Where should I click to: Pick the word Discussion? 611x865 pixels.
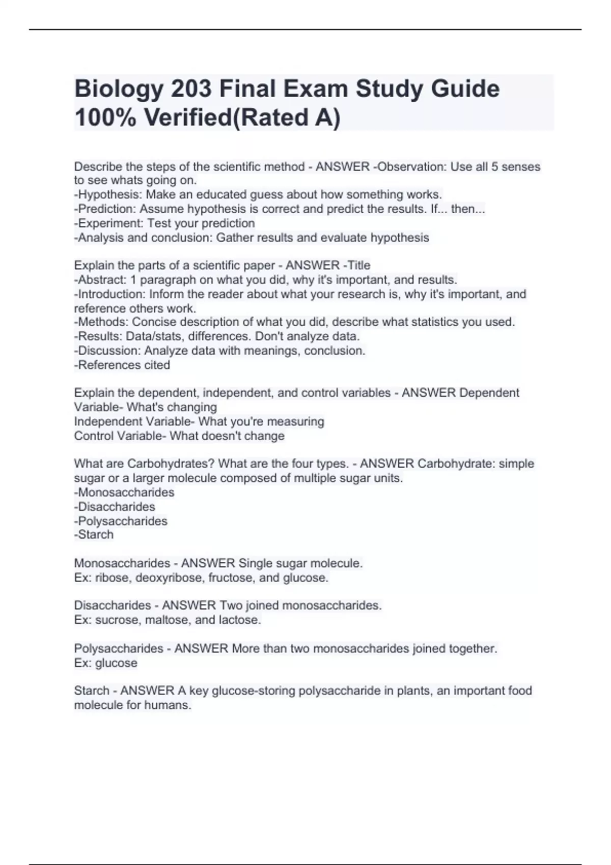[x=108, y=351]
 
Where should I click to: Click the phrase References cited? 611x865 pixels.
[x=123, y=365]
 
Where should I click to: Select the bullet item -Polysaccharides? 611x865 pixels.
[x=121, y=521]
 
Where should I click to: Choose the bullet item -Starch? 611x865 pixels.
[x=94, y=535]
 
